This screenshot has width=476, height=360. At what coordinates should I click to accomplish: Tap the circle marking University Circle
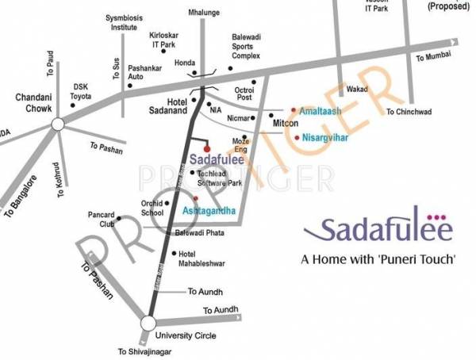click(x=148, y=323)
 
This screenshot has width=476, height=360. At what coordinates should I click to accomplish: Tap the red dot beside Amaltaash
click(x=292, y=109)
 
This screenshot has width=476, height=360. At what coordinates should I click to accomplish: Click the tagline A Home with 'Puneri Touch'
click(x=378, y=259)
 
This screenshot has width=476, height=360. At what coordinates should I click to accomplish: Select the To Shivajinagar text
click(x=144, y=351)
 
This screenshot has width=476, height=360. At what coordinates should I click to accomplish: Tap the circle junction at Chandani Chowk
click(x=57, y=123)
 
